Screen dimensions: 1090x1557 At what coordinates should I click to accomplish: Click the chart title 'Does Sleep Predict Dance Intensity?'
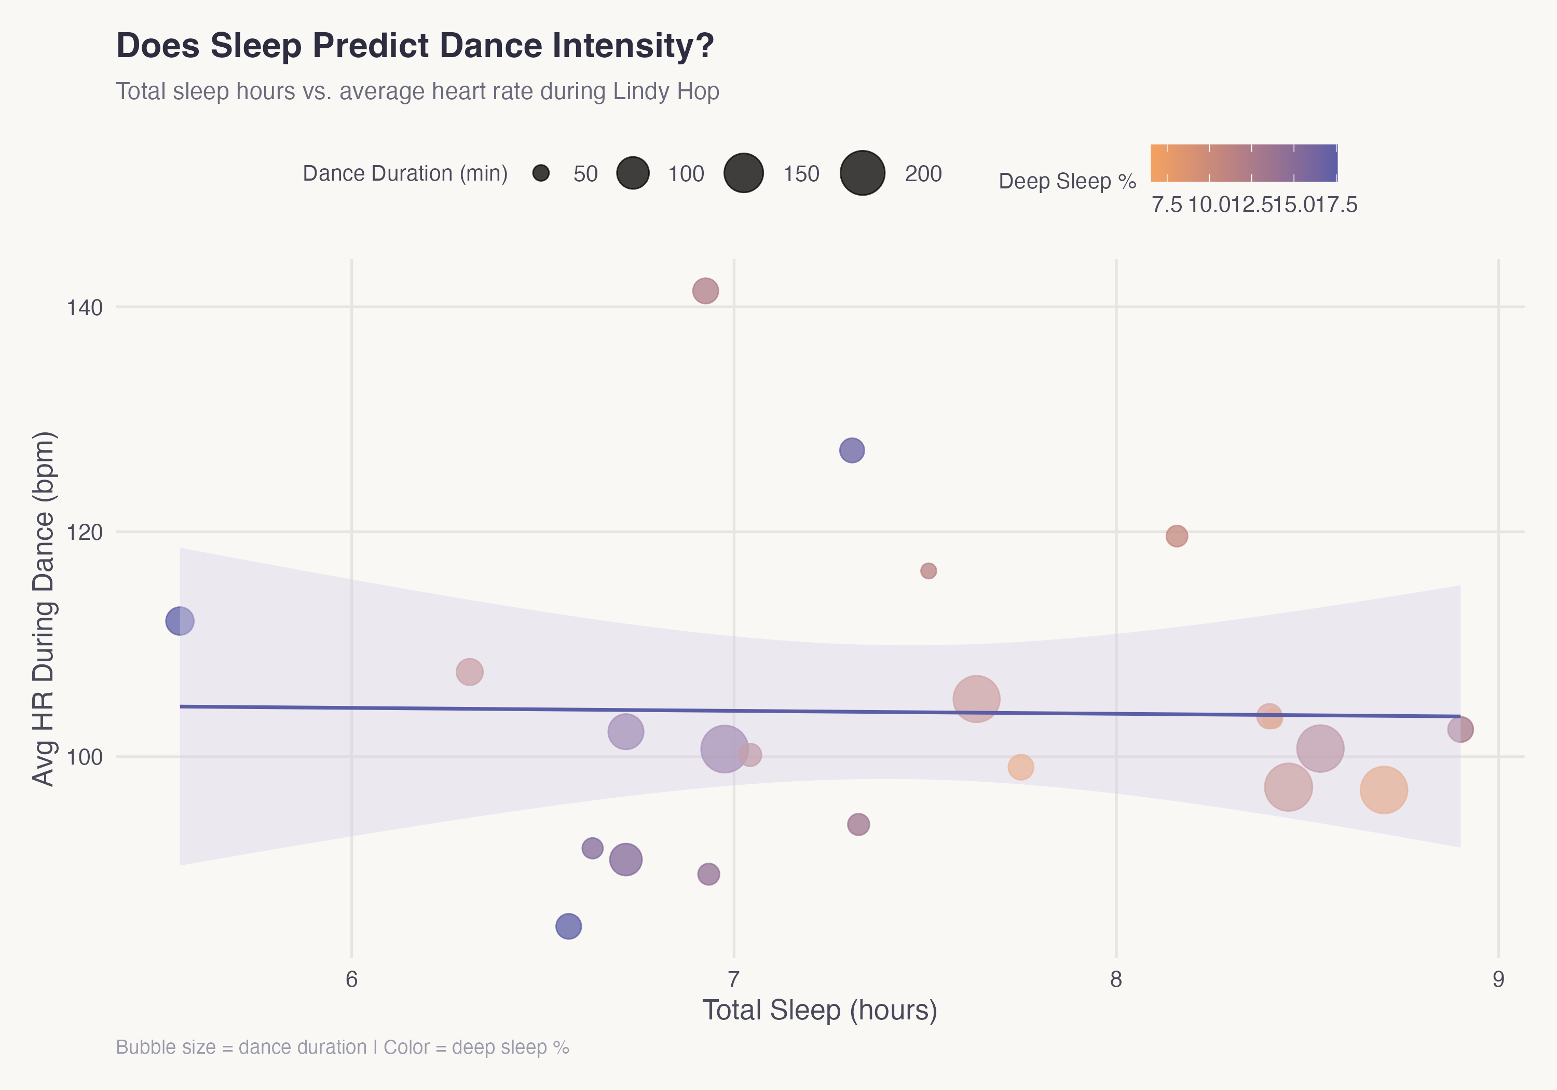coord(415,46)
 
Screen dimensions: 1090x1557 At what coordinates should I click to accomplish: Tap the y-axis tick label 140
coord(84,308)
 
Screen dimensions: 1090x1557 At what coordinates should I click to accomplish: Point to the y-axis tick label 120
coord(84,533)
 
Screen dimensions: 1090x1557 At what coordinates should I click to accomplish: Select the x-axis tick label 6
coord(351,979)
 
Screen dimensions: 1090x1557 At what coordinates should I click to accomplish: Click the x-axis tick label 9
coord(1498,979)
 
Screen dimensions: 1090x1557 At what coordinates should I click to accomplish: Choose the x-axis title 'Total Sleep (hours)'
coord(819,1011)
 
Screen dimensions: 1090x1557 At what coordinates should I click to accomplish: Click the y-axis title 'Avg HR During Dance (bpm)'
coord(44,608)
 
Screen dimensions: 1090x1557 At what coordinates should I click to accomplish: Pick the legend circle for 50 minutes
coord(540,174)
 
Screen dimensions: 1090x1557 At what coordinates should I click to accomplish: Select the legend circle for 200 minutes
coord(862,174)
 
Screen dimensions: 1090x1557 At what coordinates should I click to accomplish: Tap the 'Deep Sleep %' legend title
coord(1067,181)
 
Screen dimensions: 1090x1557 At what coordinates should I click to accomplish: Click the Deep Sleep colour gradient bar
coord(1244,163)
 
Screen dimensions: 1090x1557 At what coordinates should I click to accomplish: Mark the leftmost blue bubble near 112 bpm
coord(180,621)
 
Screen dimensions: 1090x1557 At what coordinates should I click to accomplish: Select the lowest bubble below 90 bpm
coord(568,926)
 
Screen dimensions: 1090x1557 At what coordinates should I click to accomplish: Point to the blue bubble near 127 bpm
coord(852,451)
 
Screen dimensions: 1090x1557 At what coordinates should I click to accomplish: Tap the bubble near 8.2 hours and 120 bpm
coord(1177,536)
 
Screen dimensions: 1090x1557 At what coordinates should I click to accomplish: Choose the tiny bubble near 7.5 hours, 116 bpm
coord(928,571)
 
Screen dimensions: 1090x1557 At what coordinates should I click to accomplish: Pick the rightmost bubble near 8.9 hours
coord(1460,730)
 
